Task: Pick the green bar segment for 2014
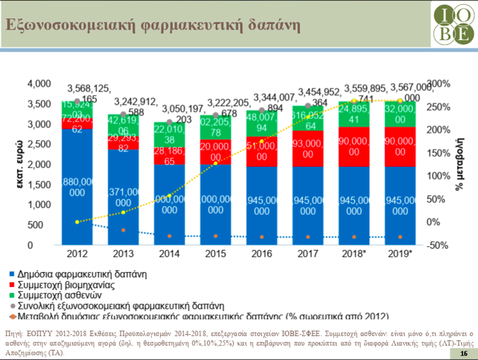(169, 134)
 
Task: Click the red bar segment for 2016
(262, 151)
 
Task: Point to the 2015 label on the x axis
(215, 254)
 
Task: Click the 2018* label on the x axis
(354, 254)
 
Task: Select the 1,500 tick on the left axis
(39, 185)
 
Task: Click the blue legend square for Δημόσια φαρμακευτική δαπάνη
(12, 274)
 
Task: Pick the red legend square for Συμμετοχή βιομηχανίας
(12, 285)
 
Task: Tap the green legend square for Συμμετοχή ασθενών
(12, 295)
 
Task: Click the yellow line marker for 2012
(77, 222)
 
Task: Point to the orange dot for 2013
(123, 230)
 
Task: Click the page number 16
(463, 354)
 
